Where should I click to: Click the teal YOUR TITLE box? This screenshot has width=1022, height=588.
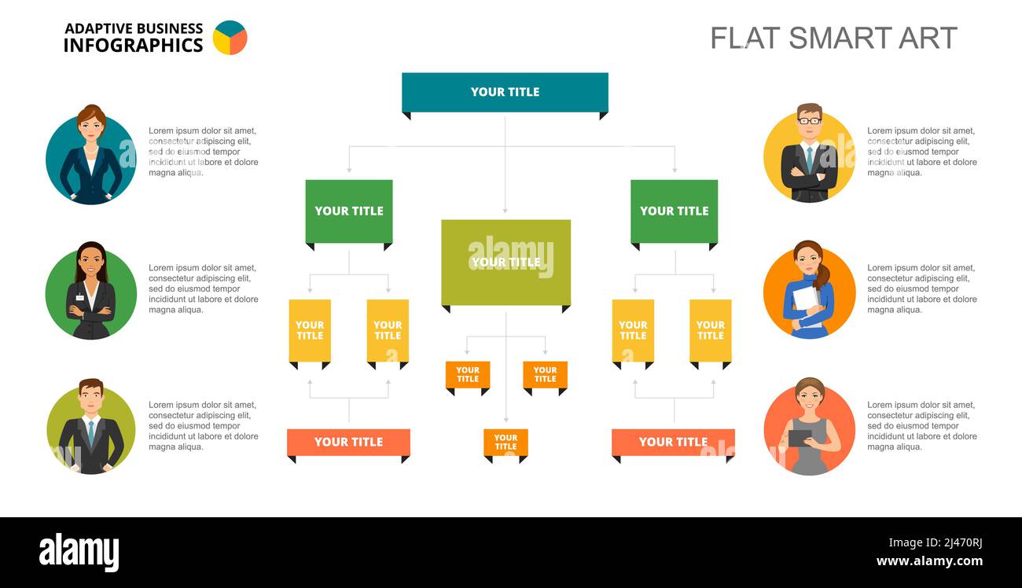pos(505,92)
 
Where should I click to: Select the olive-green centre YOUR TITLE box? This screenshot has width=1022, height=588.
pos(505,262)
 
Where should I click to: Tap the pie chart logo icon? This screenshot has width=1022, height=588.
pos(230,38)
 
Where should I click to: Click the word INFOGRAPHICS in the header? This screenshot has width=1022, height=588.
pos(133,46)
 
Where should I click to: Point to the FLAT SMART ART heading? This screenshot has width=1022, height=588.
pos(833,38)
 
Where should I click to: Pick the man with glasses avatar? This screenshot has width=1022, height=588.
pos(809,154)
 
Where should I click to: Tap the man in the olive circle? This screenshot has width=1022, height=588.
pos(91,429)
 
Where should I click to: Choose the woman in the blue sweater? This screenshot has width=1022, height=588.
pos(809,291)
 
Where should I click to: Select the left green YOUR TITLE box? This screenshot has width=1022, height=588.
pos(349,211)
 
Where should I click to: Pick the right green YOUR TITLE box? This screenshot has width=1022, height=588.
pos(674,211)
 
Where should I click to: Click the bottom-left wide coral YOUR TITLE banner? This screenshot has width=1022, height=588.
pos(348,442)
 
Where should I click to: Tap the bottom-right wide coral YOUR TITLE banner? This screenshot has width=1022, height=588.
pos(673,442)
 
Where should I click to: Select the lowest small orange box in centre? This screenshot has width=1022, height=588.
pos(505,443)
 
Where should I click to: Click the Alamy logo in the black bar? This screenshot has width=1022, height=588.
pos(79,552)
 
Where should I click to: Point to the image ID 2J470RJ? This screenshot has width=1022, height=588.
pos(936,542)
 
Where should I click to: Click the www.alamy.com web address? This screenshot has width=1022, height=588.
pos(929,561)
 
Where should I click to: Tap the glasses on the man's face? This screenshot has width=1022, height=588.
pos(809,120)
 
